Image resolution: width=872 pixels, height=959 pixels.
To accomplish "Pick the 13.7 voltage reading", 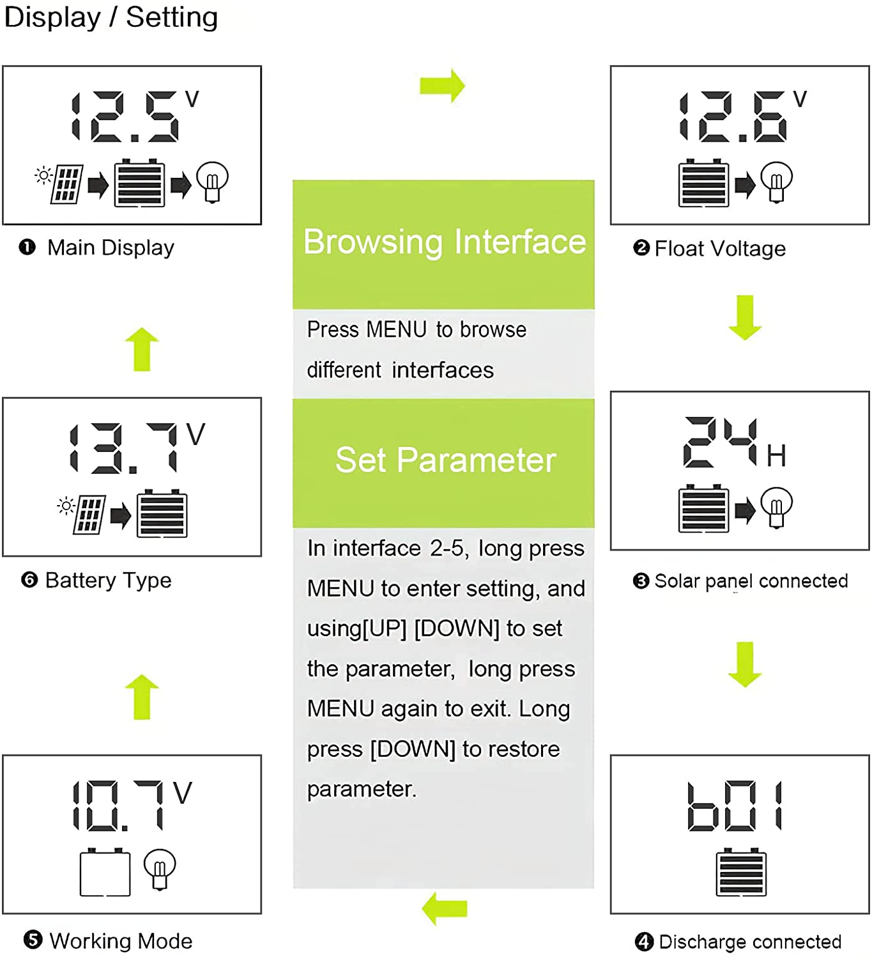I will [x=128, y=449].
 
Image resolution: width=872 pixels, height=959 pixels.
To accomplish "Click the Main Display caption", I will [x=110, y=247].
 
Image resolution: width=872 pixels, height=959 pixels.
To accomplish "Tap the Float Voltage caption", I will [x=719, y=249].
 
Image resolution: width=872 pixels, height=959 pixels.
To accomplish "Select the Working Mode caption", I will [x=120, y=941].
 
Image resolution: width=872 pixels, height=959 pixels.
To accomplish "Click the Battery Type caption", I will [x=108, y=581].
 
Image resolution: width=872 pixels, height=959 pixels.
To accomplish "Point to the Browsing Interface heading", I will [x=444, y=242].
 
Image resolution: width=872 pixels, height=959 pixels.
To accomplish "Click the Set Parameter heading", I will [x=445, y=460].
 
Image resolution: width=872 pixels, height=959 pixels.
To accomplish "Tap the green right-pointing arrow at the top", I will [x=442, y=86].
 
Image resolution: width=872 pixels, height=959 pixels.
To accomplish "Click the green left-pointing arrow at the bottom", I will [x=445, y=908].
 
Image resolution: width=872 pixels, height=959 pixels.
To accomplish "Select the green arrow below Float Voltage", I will [x=745, y=317].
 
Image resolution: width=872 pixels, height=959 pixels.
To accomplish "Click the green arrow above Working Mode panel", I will [x=142, y=697].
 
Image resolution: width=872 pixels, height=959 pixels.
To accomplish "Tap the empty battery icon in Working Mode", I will [x=105, y=873].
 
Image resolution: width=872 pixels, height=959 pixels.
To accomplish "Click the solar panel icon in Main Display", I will [x=67, y=184].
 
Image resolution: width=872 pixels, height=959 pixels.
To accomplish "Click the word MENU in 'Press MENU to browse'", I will [x=396, y=330].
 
